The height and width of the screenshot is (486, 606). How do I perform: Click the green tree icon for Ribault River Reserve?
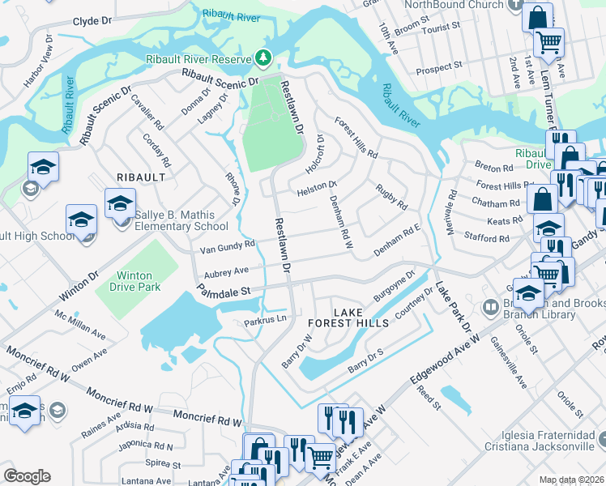[262, 58]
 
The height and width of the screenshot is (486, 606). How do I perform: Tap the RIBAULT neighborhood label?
[140, 177]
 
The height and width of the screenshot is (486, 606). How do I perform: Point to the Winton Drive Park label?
[128, 281]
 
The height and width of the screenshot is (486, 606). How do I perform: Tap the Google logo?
[27, 476]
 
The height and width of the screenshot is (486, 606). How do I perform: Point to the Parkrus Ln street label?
[267, 322]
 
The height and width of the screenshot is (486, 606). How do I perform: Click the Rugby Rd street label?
[391, 197]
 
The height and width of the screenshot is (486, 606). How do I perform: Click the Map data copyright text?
[571, 480]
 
